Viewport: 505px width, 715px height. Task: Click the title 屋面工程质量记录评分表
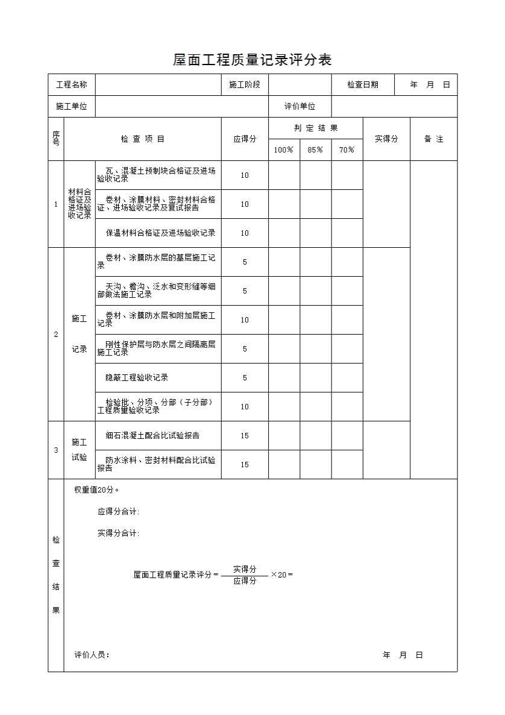click(252, 60)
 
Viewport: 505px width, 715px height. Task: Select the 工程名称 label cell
click(71, 85)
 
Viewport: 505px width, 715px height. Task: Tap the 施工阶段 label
click(245, 85)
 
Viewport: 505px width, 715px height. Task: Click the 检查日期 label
click(363, 85)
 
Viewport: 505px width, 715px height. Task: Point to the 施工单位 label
click(71, 107)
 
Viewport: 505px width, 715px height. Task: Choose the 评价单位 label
click(300, 107)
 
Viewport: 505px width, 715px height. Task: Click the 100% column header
click(284, 150)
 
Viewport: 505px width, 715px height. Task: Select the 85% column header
click(315, 150)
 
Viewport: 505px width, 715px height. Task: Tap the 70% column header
click(347, 150)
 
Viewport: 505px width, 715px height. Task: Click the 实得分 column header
click(386, 139)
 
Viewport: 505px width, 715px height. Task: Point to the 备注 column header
click(433, 139)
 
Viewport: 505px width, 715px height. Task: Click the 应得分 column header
click(245, 139)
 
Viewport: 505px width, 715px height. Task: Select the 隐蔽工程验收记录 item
click(137, 378)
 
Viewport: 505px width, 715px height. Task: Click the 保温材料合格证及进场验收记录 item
click(160, 233)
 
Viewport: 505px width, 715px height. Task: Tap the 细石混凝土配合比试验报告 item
click(152, 435)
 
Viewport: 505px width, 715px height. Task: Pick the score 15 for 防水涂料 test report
click(245, 465)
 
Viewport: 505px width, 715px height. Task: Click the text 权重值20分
click(96, 490)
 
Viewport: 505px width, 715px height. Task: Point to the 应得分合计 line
click(118, 512)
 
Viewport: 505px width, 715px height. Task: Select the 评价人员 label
click(92, 655)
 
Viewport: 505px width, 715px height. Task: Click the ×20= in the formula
click(281, 575)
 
